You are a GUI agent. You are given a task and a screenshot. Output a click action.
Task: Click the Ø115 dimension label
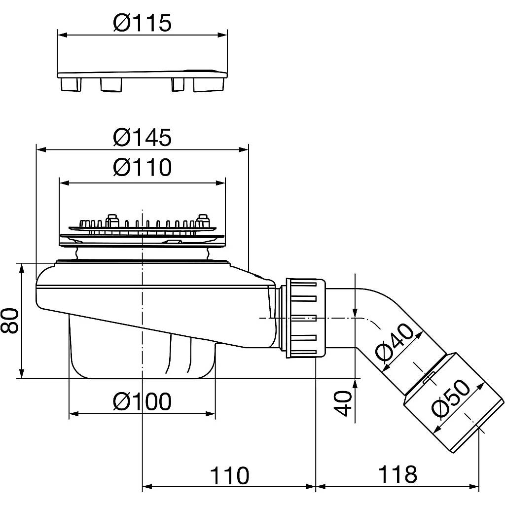(142, 23)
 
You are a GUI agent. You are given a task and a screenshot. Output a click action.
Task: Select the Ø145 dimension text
(142, 137)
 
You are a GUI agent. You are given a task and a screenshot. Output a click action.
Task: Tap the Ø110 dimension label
(142, 167)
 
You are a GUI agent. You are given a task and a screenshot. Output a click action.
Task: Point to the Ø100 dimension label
(142, 401)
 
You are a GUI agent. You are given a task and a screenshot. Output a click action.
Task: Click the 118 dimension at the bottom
(397, 474)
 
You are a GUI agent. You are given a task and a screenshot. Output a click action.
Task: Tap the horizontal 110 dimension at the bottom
(230, 476)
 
